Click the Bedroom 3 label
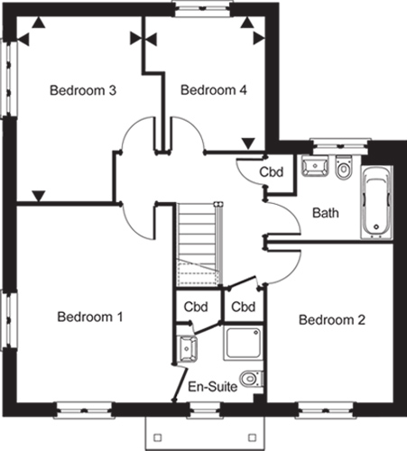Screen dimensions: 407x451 83,90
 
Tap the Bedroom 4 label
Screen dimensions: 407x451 214,90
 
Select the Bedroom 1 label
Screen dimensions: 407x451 90,317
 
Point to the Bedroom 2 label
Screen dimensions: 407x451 332,319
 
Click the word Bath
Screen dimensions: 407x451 326,213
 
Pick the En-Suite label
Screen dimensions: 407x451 213,387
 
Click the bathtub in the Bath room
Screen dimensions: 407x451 377,202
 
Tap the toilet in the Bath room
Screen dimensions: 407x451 343,168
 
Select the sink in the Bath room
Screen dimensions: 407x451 315,166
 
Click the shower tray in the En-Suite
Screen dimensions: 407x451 243,343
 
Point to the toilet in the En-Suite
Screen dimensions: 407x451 252,378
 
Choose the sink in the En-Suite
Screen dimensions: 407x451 188,349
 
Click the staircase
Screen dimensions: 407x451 199,244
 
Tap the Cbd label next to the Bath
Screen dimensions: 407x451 272,172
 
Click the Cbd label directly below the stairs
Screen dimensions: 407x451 196,307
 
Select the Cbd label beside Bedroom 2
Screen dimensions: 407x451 244,307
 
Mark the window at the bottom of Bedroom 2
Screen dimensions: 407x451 326,410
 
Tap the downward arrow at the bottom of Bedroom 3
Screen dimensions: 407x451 39,196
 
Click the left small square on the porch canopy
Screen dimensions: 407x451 157,437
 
